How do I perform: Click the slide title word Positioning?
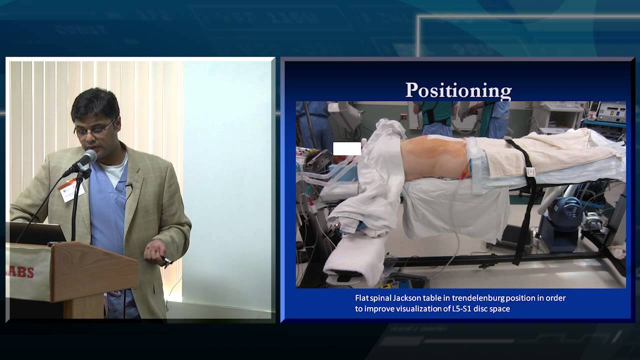click(x=458, y=90)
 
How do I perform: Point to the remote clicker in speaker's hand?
click(x=167, y=260)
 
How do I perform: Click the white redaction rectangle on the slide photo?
click(x=347, y=148)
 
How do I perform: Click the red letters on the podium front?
click(x=22, y=272)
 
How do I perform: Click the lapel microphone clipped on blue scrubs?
click(x=128, y=186)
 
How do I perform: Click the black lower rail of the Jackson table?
click(x=500, y=258)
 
